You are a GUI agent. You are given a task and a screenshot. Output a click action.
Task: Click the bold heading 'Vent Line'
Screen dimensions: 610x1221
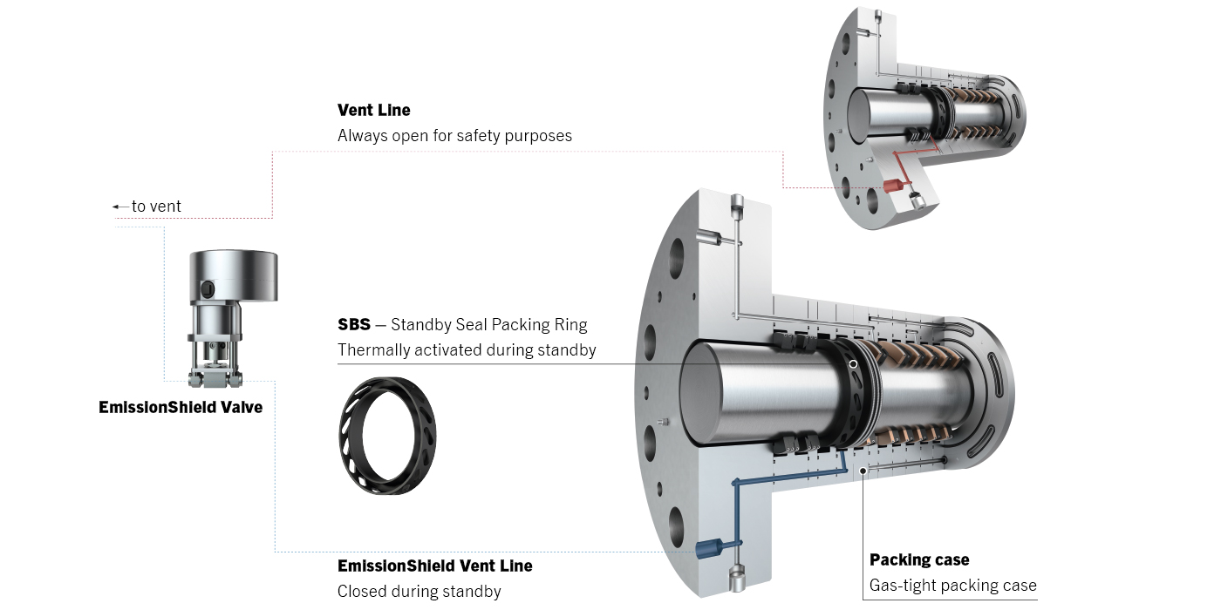click(x=373, y=111)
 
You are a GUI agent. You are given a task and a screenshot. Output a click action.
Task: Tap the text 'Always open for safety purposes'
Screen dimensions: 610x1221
click(x=454, y=136)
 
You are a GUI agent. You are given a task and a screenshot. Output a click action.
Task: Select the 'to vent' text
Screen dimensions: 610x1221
click(x=156, y=207)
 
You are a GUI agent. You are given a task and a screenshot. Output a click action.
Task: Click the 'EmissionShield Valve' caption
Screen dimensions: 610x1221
click(x=181, y=407)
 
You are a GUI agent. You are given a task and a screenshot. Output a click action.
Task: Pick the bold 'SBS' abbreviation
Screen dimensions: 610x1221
click(x=353, y=325)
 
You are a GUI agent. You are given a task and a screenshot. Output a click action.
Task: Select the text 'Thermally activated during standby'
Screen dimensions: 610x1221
click(x=467, y=350)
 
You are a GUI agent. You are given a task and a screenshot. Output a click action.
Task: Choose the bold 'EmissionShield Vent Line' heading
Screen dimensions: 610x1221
click(x=434, y=566)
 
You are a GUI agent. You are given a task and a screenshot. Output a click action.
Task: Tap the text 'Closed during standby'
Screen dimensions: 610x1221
click(x=419, y=592)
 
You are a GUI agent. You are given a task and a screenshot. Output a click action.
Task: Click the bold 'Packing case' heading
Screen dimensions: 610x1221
click(x=919, y=559)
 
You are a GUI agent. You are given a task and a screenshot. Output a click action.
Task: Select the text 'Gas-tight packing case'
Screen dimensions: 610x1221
click(x=952, y=585)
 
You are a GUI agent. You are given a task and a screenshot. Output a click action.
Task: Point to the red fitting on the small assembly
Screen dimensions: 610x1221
click(x=893, y=186)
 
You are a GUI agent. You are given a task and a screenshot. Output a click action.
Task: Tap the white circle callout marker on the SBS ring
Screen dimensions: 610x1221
click(x=853, y=364)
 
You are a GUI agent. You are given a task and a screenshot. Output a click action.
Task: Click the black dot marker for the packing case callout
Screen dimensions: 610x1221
click(x=863, y=471)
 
